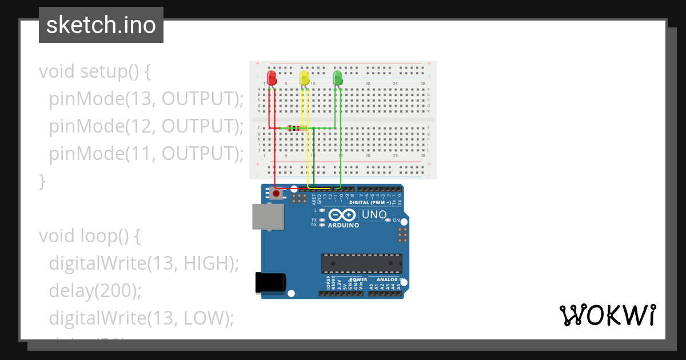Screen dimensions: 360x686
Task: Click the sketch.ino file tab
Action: tap(101, 25)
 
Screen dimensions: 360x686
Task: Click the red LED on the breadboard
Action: tap(272, 78)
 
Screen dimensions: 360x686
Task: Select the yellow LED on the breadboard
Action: tap(305, 78)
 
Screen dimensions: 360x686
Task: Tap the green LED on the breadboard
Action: tap(337, 78)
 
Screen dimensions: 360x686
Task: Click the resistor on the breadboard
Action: tap(295, 128)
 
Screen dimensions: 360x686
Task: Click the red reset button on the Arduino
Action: tap(277, 194)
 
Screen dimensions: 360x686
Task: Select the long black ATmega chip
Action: tap(361, 263)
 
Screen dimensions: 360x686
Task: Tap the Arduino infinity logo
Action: tap(342, 215)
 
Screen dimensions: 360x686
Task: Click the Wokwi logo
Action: tap(607, 315)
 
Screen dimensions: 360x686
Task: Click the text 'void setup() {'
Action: tap(95, 72)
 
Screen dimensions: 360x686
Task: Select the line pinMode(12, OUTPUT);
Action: tap(146, 126)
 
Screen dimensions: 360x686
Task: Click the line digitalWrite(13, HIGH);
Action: tap(143, 263)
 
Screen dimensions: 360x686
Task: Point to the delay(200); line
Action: tap(95, 290)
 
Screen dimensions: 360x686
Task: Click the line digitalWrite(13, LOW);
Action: tap(142, 318)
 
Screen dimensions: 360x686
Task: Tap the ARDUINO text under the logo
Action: tap(344, 226)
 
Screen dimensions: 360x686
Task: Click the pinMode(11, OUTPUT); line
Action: tap(146, 154)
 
